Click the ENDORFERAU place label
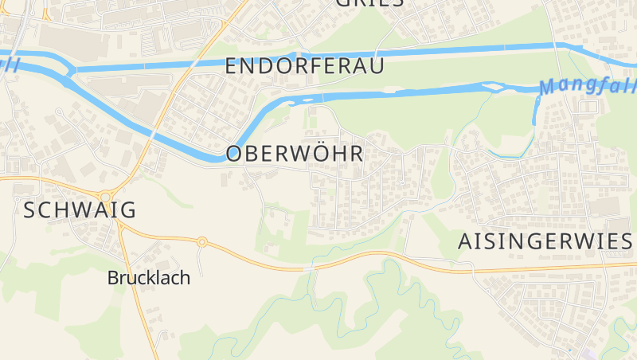(304, 66)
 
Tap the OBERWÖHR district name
(295, 154)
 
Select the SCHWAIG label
(80, 210)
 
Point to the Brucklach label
(149, 278)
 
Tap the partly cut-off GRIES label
(369, 2)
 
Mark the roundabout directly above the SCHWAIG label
(104, 196)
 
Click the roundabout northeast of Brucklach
(202, 241)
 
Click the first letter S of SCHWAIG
(30, 210)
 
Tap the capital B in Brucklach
(113, 278)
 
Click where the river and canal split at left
(70, 70)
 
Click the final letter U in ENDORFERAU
(375, 66)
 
